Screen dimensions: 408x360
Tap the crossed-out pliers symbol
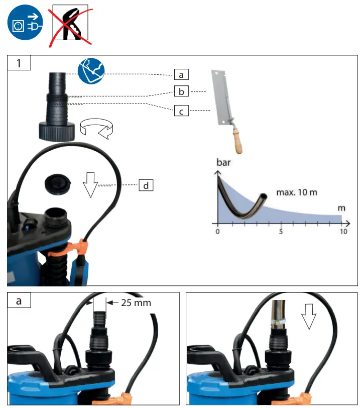[68, 25]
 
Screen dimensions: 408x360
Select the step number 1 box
[19, 64]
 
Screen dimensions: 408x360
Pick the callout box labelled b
[181, 92]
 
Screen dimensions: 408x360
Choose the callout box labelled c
[181, 111]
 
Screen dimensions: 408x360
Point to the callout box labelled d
[146, 185]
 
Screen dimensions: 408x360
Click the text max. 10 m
[297, 192]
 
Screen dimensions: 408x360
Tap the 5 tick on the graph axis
[280, 232]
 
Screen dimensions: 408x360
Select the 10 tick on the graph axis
[343, 232]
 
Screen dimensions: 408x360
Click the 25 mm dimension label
[136, 302]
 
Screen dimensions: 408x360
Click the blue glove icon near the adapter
[91, 71]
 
